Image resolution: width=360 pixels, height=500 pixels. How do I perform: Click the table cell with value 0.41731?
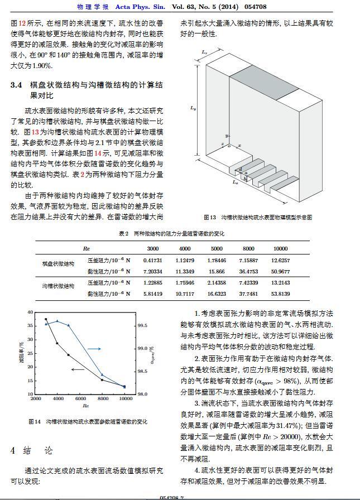[152, 261]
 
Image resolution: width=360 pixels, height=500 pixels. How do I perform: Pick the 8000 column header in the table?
[248, 249]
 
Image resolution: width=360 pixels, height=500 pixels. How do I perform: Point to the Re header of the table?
[86, 249]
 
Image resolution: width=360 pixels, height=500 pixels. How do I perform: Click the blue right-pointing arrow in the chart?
[94, 349]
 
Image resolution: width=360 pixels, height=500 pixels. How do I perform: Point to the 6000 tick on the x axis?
[81, 400]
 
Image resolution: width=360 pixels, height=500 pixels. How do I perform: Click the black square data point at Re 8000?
[102, 380]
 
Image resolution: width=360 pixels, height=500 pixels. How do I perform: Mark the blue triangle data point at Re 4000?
[57, 321]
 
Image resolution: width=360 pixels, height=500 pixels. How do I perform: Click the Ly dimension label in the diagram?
[193, 108]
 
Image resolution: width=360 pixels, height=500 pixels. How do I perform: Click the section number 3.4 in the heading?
[16, 85]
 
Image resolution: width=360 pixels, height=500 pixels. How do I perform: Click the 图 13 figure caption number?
[209, 217]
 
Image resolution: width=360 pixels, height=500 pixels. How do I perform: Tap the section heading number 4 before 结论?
[13, 450]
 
